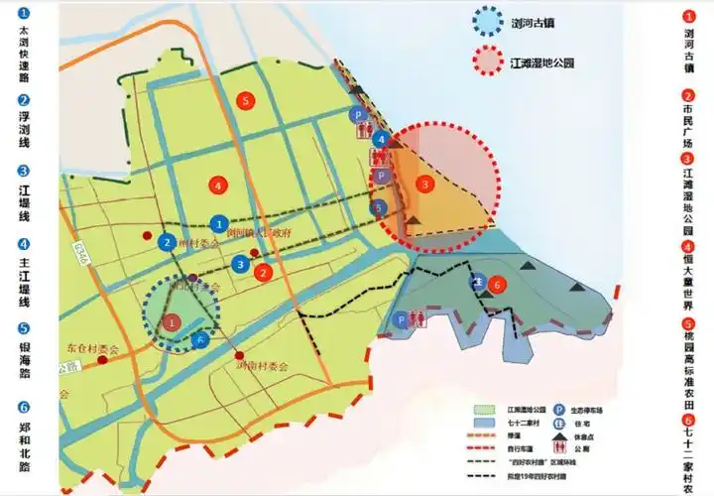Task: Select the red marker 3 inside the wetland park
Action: click(x=425, y=184)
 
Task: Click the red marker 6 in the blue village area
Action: click(x=499, y=284)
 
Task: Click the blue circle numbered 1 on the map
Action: click(x=219, y=225)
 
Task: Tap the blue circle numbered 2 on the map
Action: click(x=168, y=241)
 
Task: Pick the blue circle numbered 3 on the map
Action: click(x=241, y=264)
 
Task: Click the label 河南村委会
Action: click(x=262, y=366)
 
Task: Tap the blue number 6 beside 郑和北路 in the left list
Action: click(x=24, y=409)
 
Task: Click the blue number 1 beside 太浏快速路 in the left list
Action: click(x=24, y=16)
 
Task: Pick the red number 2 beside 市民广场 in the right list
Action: click(x=689, y=96)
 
